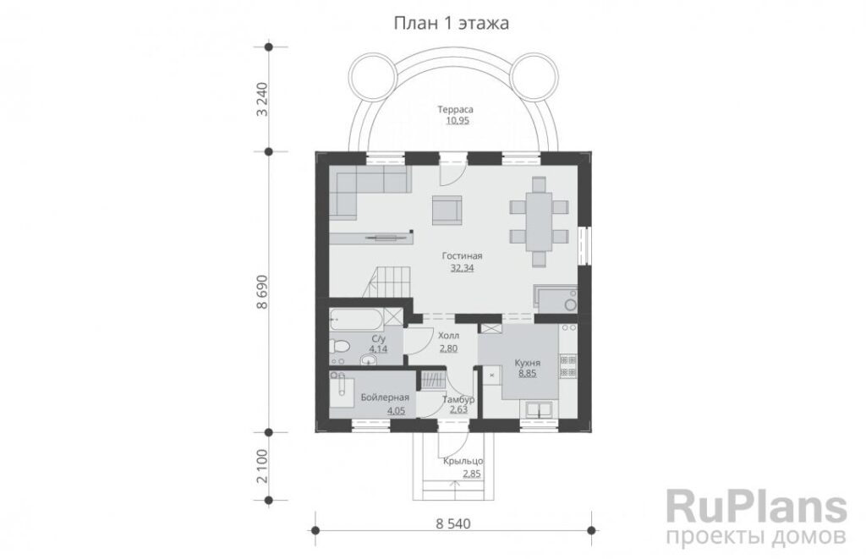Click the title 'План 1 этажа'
[452, 23]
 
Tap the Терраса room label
[456, 109]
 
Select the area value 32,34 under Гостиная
[463, 268]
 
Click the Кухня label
[528, 363]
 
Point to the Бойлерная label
[385, 397]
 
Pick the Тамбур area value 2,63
[458, 409]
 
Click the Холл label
[448, 336]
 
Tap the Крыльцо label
[463, 461]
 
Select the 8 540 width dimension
[453, 523]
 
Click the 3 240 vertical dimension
[262, 100]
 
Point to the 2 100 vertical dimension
[262, 466]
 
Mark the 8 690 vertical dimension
[262, 292]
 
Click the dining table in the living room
[539, 222]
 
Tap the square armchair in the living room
[447, 211]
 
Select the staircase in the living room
[390, 283]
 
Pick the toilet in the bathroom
[340, 347]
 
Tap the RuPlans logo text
[756, 507]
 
